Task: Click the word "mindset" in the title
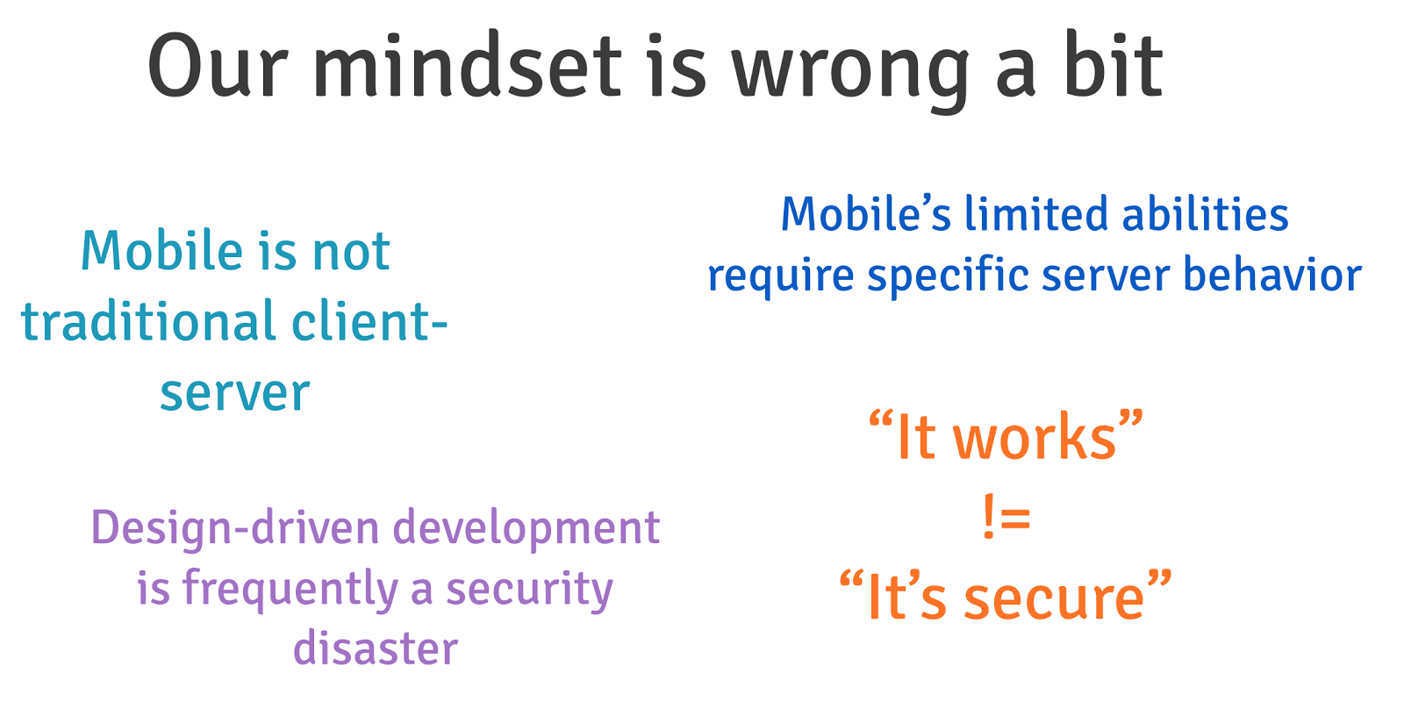pos(468,66)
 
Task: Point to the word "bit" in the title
pos(1114,66)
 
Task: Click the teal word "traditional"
pos(148,321)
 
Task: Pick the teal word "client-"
pos(369,321)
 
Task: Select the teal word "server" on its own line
pos(235,393)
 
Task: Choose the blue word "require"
pos(780,276)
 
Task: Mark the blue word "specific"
pos(948,276)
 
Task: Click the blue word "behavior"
pos(1272,274)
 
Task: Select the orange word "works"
pos(1035,438)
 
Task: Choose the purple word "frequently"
pos(290,590)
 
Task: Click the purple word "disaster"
pos(376,648)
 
